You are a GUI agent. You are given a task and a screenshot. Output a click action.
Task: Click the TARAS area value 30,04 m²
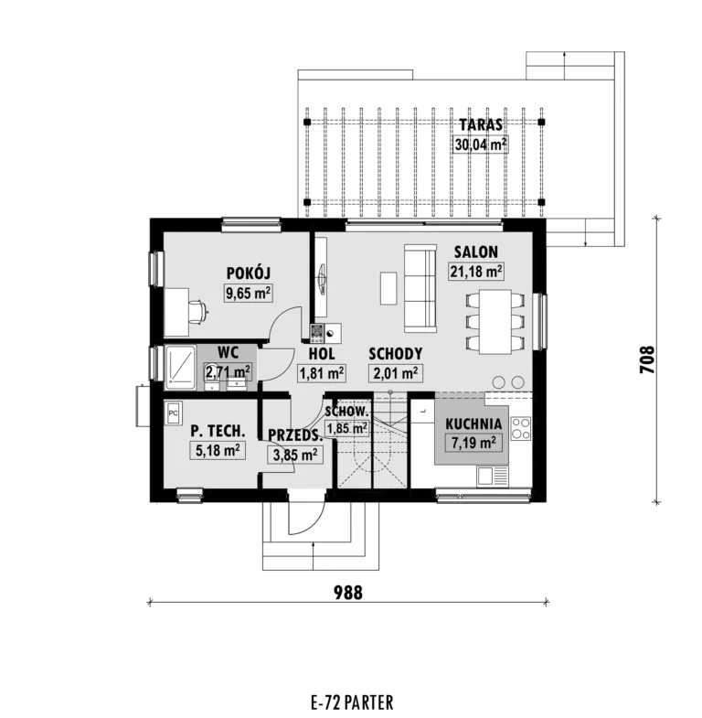(481, 145)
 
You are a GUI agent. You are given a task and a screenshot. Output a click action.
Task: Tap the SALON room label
(476, 252)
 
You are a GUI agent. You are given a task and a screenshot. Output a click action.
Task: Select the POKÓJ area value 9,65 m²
(248, 293)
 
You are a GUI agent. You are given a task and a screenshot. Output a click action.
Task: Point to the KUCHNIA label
(473, 423)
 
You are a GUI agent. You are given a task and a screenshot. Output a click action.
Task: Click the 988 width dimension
(347, 593)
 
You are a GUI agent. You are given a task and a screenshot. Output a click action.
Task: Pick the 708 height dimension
(647, 359)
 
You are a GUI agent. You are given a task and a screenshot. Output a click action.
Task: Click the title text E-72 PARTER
(352, 702)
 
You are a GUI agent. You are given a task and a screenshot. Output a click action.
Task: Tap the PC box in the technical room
(174, 413)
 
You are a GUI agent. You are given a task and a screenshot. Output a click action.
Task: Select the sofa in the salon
(420, 288)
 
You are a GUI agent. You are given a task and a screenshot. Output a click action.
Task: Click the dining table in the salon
(495, 321)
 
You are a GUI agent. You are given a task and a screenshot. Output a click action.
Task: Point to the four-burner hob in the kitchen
(521, 429)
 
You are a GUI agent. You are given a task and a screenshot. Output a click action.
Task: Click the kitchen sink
(493, 477)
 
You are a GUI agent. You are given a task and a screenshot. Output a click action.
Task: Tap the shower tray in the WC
(180, 369)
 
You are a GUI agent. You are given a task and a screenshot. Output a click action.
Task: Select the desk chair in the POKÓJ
(198, 313)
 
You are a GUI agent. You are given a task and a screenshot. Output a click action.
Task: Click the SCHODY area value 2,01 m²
(396, 374)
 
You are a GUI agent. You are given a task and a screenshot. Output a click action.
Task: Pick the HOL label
(321, 354)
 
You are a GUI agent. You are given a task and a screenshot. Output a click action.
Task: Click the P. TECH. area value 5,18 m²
(218, 451)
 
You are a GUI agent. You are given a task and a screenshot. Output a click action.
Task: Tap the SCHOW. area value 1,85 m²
(346, 429)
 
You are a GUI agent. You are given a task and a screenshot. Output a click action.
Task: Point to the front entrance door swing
(307, 513)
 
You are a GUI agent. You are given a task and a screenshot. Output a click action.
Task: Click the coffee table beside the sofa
(388, 288)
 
